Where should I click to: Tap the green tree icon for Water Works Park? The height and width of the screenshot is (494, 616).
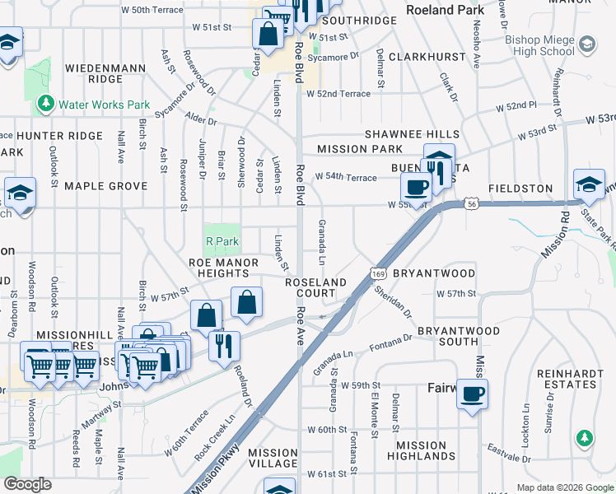(45, 105)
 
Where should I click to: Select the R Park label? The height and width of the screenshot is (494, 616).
(221, 242)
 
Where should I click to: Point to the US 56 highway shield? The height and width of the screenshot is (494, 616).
(471, 202)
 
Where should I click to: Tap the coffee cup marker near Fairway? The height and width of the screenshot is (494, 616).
(472, 394)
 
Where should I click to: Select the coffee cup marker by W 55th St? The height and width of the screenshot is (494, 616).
(418, 187)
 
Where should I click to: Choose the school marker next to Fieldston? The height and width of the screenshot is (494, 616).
(589, 184)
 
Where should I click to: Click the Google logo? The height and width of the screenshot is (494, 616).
(27, 484)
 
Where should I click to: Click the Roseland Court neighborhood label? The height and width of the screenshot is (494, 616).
(315, 287)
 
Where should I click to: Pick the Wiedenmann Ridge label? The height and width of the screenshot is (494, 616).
(94, 72)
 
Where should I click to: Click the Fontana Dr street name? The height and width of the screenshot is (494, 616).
(390, 342)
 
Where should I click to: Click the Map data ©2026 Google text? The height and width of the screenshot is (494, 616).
(564, 487)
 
